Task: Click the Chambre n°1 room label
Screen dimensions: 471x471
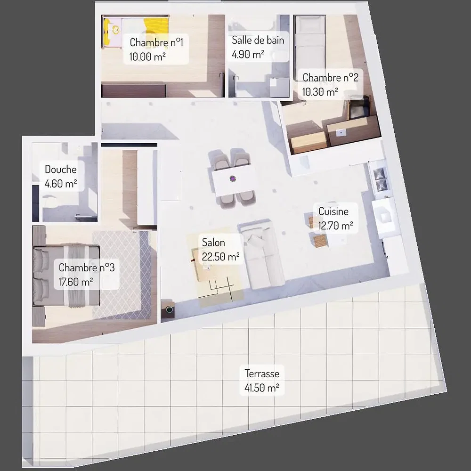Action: (156, 42)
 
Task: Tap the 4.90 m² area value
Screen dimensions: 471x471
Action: (248, 54)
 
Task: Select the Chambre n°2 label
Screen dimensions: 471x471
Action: (331, 78)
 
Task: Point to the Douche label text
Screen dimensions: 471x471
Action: (60, 170)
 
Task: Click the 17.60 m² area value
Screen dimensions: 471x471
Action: (75, 282)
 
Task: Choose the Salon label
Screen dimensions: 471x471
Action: (213, 243)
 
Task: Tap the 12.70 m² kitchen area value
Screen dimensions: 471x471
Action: (335, 225)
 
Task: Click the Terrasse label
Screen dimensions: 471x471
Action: (262, 374)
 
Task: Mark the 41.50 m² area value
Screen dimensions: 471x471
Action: (261, 388)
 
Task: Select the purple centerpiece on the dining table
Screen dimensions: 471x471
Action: (233, 179)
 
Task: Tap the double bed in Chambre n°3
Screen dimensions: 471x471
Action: (66, 276)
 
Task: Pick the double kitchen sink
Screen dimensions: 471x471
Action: (380, 179)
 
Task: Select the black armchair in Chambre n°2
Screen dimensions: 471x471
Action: (359, 106)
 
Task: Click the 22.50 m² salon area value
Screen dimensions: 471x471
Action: (220, 257)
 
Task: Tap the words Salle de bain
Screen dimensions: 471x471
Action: (258, 40)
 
